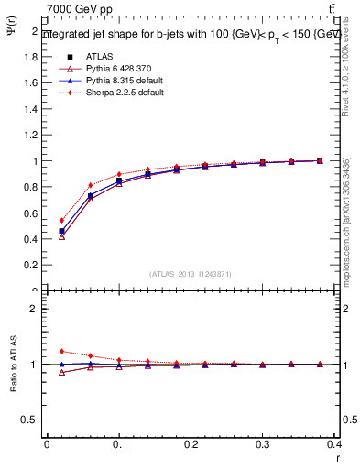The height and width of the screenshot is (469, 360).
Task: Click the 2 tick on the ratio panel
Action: (34, 309)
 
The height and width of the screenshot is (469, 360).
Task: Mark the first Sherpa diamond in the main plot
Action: (61, 220)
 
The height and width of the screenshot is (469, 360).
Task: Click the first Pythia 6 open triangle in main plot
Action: (61, 236)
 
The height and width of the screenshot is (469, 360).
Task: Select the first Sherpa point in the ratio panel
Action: (61, 351)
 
